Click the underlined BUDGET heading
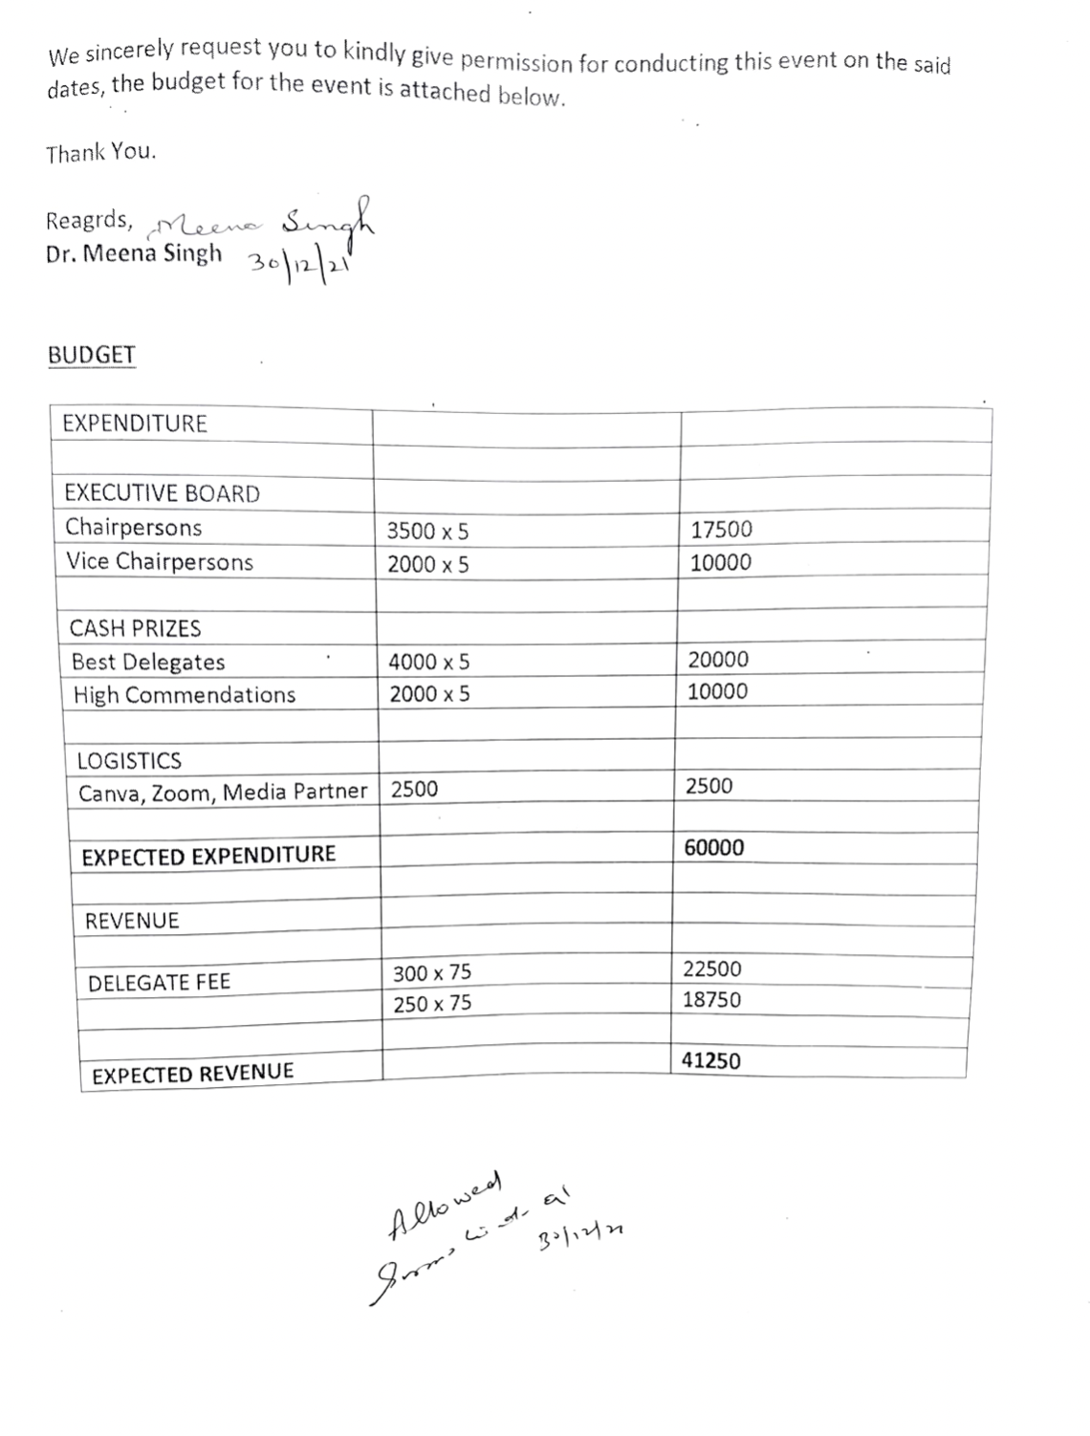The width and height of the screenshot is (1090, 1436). tap(92, 355)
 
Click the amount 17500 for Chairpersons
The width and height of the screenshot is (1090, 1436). tap(721, 530)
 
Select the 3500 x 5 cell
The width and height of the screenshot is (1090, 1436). tap(427, 532)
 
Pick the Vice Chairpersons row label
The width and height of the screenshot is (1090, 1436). tap(159, 561)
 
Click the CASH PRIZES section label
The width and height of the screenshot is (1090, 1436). tap(135, 628)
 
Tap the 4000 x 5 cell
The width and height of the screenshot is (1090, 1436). tap(428, 662)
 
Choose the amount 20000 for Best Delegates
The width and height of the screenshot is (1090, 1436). tap(718, 660)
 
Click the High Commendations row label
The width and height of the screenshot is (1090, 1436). tap(184, 695)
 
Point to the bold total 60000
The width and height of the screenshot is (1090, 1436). tap(713, 848)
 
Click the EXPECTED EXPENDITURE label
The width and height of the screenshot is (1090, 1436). tap(208, 856)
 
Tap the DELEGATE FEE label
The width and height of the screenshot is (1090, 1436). tap(159, 983)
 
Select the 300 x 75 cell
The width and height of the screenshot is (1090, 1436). tap(431, 973)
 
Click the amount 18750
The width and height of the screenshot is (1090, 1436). tap(711, 1000)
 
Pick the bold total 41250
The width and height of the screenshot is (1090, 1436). tap(710, 1060)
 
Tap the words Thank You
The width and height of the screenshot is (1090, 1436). tap(100, 153)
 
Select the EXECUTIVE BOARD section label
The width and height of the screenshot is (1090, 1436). tap(162, 494)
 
